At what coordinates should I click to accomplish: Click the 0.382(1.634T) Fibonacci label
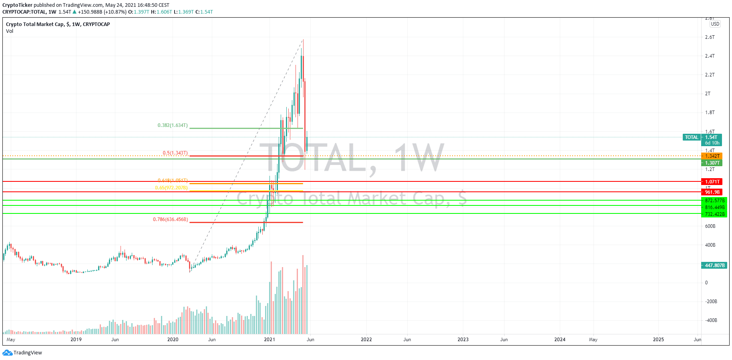click(173, 125)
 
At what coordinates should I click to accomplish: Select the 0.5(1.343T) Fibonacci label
click(175, 153)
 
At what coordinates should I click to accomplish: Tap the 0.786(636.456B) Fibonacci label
click(170, 219)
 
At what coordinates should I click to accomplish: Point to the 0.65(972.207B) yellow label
click(171, 188)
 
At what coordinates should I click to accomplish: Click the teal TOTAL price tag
click(692, 137)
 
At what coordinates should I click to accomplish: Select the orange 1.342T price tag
click(712, 156)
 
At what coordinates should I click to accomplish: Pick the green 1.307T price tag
click(712, 163)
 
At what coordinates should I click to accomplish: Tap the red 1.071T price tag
click(712, 182)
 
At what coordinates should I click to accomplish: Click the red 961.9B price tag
click(712, 192)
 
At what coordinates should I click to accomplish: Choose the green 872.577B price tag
click(714, 201)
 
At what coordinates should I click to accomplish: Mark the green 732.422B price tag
click(714, 214)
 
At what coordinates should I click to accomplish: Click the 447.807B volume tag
click(714, 265)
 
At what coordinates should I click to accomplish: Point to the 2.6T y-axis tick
click(710, 37)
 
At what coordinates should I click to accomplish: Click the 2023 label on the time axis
click(463, 340)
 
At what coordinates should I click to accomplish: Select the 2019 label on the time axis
click(76, 340)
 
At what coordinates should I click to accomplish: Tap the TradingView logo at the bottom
click(22, 353)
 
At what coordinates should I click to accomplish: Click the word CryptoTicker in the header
click(17, 5)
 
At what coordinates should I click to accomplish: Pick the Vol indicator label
click(10, 31)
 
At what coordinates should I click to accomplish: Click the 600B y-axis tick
click(710, 226)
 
